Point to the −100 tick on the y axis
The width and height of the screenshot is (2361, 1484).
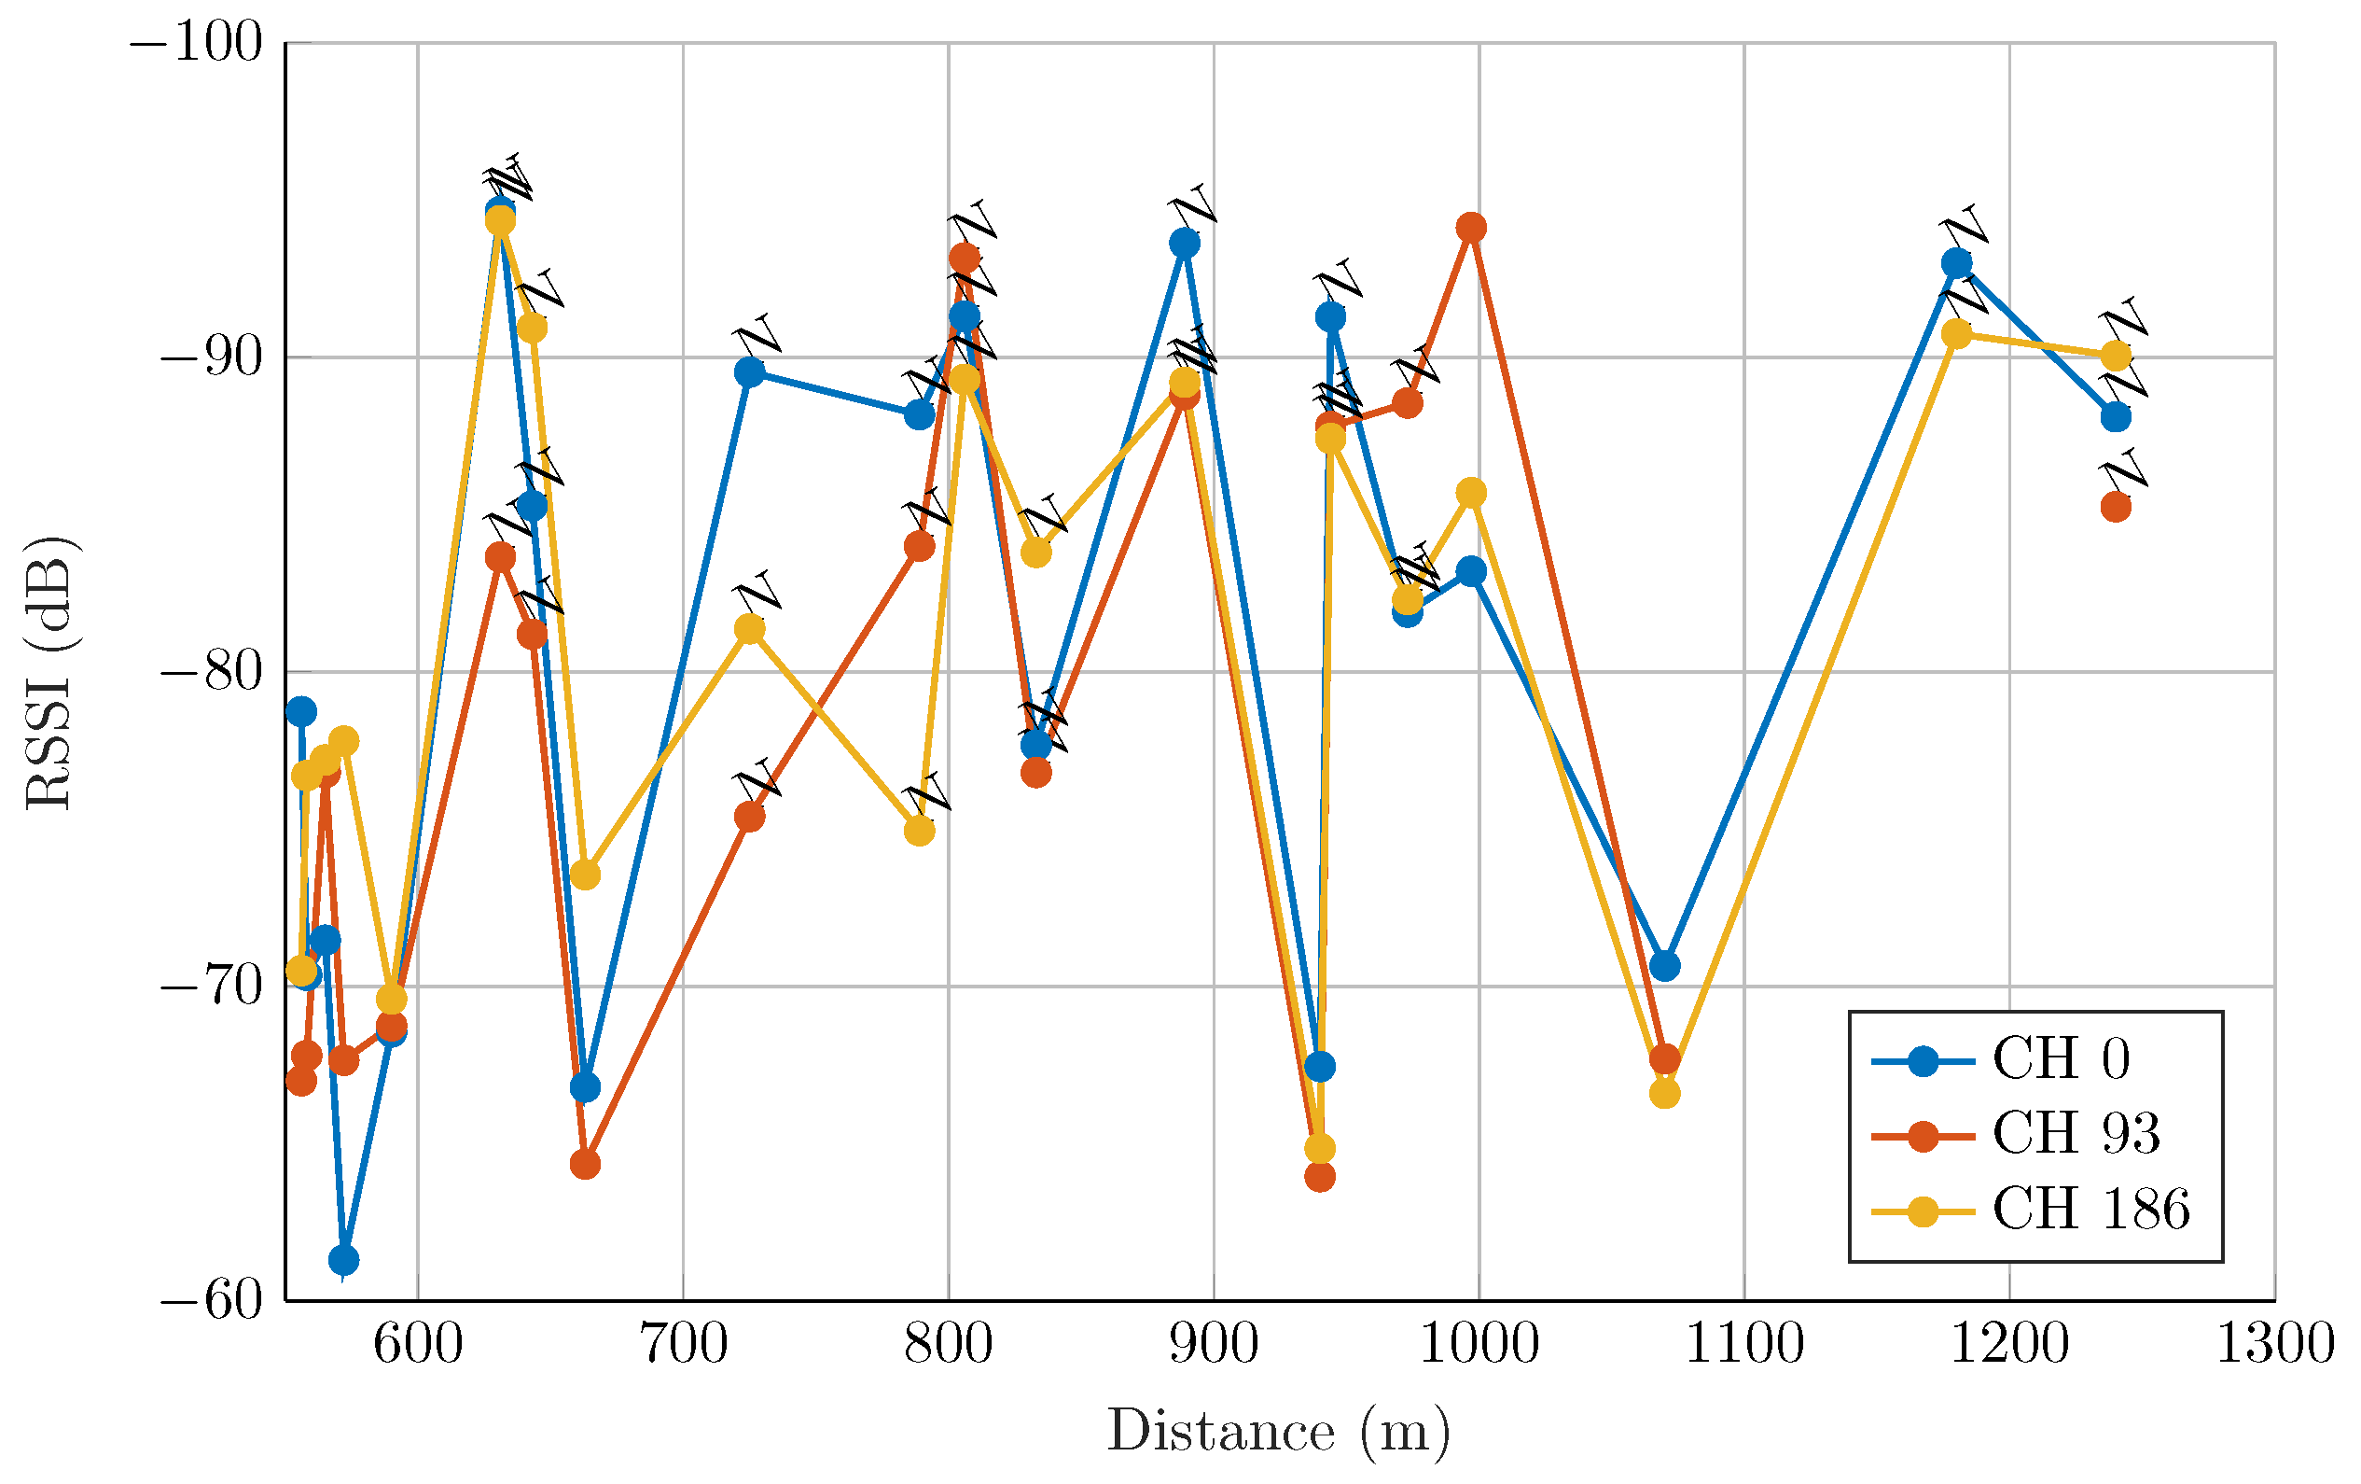point(196,44)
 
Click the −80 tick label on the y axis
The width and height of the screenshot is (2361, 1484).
point(211,673)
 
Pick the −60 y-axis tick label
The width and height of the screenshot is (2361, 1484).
point(211,1302)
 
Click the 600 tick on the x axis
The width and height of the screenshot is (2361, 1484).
point(418,1346)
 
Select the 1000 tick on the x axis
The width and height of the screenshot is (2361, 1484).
point(1479,1346)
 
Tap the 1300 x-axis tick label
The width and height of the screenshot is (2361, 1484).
point(2275,1346)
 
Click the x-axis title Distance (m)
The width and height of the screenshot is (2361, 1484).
point(1279,1432)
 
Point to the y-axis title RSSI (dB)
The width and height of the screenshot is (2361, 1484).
point(49,673)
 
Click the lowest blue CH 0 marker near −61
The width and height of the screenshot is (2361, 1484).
point(343,1259)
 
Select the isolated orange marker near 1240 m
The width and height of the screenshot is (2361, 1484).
point(2116,507)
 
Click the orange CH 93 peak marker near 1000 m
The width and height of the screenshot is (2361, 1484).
point(1471,228)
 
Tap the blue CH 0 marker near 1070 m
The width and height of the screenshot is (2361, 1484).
point(1664,966)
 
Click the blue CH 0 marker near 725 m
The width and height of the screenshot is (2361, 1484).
point(749,371)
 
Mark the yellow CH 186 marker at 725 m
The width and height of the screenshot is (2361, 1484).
point(749,629)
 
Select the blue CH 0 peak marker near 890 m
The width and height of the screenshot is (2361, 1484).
point(1185,243)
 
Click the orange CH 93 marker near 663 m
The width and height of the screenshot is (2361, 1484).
point(585,1164)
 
